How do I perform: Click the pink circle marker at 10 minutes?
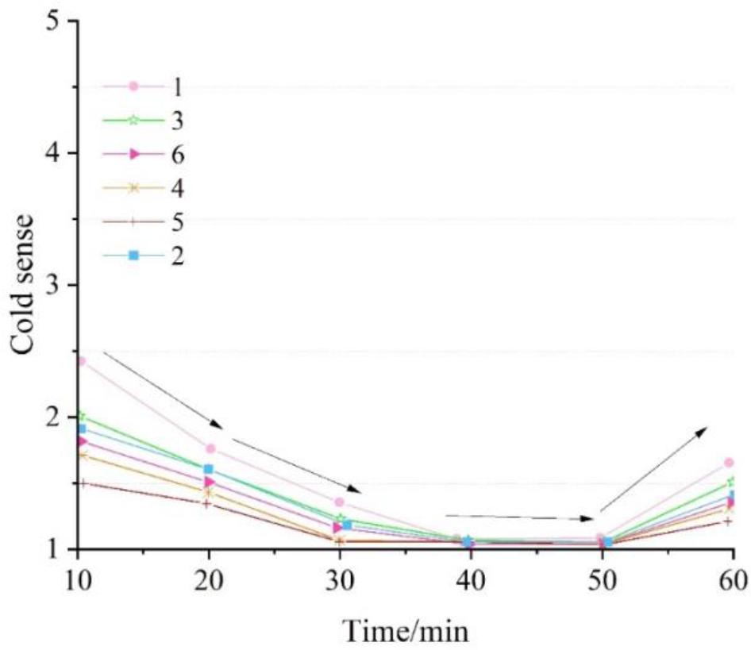tap(81, 362)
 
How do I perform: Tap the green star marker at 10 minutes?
tap(81, 416)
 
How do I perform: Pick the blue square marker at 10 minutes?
tap(81, 429)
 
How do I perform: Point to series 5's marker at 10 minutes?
tap(81, 483)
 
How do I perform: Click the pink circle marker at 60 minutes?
tap(730, 463)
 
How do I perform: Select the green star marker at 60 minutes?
tap(730, 482)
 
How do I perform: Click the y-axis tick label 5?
tap(53, 21)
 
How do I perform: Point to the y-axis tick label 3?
tap(53, 285)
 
